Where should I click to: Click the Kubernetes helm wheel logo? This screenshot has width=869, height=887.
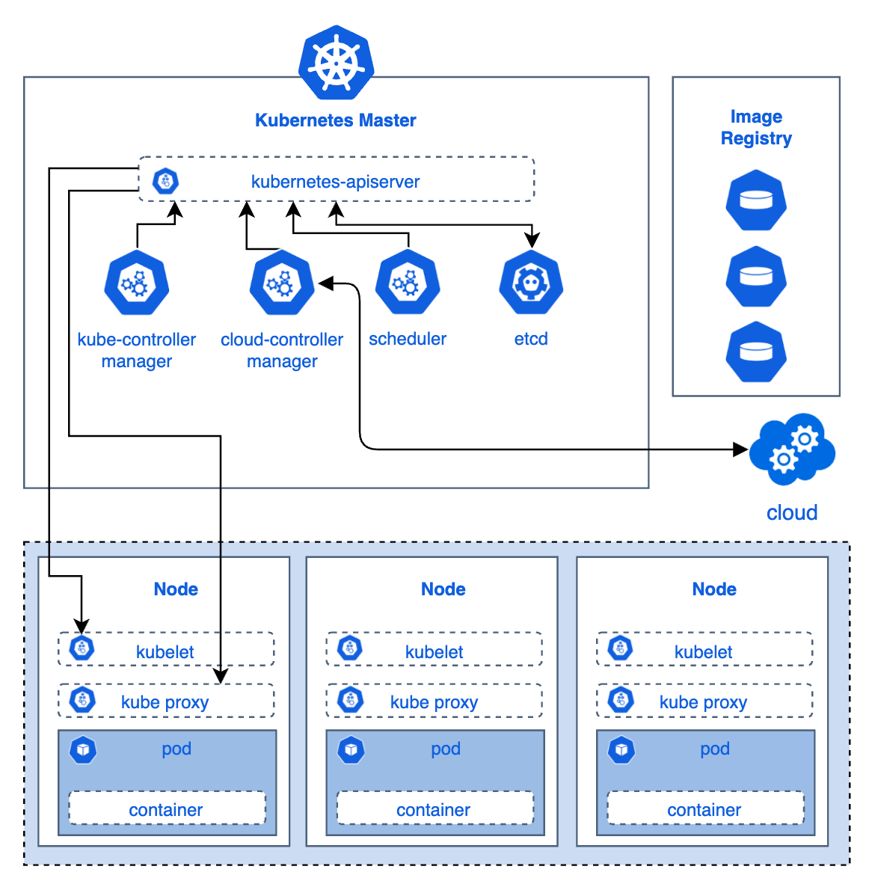[336, 63]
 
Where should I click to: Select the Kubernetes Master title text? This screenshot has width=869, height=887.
[335, 120]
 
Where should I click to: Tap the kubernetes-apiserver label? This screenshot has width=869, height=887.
[335, 182]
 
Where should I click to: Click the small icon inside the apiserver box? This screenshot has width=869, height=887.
[165, 181]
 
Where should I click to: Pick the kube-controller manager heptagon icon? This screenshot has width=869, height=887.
[137, 283]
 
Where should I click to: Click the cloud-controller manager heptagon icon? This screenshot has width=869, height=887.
[282, 283]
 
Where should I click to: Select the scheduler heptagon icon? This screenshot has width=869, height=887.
[408, 283]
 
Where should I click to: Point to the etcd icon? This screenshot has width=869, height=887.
[531, 283]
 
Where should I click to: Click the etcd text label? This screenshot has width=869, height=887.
[531, 339]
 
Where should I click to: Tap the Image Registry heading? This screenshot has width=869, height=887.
[756, 127]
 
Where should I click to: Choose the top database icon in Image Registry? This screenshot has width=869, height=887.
[756, 200]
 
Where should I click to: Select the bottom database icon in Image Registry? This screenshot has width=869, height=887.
[756, 352]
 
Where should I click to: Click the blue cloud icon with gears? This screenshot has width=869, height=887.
[792, 449]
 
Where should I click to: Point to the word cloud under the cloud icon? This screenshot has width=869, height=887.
[792, 513]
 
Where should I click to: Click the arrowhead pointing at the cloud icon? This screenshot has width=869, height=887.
[741, 449]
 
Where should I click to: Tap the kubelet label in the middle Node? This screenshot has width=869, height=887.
[434, 652]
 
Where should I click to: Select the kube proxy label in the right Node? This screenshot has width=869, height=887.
[703, 702]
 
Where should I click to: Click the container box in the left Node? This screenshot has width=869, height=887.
[167, 809]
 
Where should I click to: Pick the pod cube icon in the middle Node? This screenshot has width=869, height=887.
[351, 749]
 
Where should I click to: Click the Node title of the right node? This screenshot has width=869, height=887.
[714, 589]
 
